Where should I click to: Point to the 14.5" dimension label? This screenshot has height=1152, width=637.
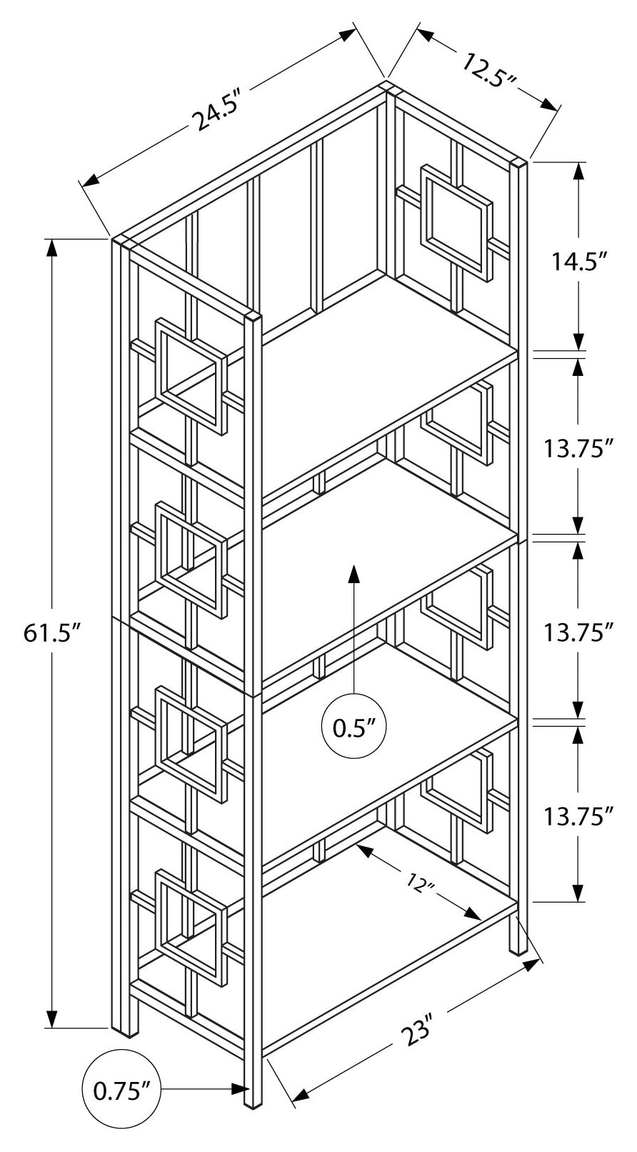pos(578,262)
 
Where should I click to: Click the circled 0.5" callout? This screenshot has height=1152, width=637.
pos(354,728)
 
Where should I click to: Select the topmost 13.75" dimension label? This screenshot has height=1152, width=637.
pos(578,449)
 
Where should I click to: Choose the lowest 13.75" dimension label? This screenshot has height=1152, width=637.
pos(578,815)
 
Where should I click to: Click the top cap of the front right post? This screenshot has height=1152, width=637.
pos(519,163)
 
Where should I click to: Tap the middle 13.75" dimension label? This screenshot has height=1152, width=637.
pos(578,632)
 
